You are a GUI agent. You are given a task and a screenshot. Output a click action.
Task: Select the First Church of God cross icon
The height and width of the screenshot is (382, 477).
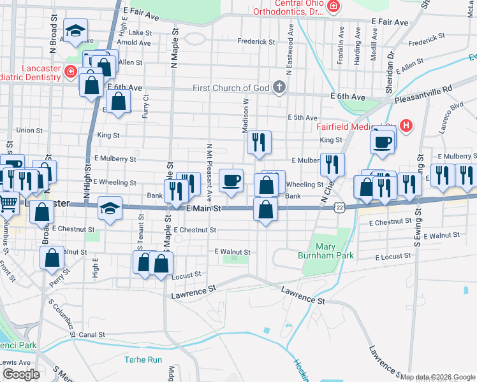pyautogui.click(x=279, y=87)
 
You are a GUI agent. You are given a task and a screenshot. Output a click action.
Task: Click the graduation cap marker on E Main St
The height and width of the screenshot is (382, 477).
pyautogui.click(x=110, y=209)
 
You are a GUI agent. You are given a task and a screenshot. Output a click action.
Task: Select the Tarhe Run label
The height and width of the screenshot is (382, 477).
pyautogui.click(x=143, y=360)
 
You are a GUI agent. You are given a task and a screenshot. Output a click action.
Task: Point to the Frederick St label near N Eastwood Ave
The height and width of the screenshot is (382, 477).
pyautogui.click(x=256, y=42)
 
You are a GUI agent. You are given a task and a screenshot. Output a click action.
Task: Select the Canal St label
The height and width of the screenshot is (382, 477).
pyautogui.click(x=92, y=334)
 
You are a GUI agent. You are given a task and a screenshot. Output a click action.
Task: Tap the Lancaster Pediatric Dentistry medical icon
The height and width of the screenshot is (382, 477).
pyautogui.click(x=70, y=73)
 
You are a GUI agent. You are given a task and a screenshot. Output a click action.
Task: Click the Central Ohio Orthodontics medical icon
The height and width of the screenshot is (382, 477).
pyautogui.click(x=333, y=7)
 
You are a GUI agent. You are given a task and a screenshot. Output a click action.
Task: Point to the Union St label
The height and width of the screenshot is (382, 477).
pyautogui.click(x=29, y=131)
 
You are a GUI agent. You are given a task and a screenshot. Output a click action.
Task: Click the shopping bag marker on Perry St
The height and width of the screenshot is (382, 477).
pyautogui.click(x=52, y=258)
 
